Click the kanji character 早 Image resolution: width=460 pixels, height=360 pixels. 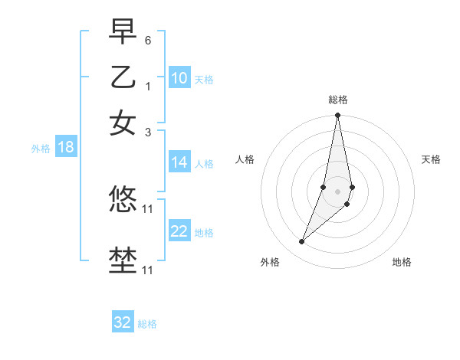coord(123,32)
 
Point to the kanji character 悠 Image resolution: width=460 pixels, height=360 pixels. coord(123,201)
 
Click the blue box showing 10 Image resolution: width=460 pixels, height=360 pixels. coord(179,78)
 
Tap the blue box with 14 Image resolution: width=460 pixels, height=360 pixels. coord(179,162)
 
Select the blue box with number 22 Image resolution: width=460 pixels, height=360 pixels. coord(179,231)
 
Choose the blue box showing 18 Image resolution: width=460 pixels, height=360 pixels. coord(66,148)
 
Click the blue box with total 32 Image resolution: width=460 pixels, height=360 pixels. coord(123,322)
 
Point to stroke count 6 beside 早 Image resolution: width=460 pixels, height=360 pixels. coord(148,39)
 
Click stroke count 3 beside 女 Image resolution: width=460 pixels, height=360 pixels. coord(148,132)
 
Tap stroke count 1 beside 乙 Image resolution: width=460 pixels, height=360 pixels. coord(148,86)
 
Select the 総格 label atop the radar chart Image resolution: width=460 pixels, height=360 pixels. coord(338,100)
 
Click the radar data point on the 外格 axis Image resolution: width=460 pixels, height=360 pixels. coord(302,241)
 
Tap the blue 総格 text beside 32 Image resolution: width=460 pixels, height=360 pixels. coord(147,324)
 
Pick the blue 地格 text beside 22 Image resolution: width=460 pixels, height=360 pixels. coord(204,233)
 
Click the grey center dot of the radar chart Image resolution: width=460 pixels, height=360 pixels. coord(338,191)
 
